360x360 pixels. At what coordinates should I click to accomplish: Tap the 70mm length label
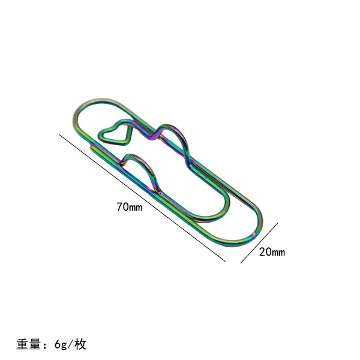coord(129,207)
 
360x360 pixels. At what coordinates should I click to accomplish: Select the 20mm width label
coord(272,252)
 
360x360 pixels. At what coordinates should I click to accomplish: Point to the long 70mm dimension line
coord(142,198)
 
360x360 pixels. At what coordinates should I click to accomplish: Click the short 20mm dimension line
coord(259,243)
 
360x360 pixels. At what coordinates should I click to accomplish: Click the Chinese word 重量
coord(28,344)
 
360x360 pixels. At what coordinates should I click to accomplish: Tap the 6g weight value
coord(61,344)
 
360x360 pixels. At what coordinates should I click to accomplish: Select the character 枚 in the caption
coord(80,344)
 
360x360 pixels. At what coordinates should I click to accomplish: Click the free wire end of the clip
coord(92,147)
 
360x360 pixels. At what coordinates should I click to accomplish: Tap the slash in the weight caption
coord(70,344)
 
